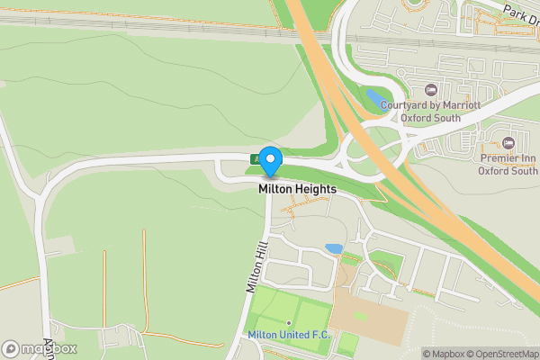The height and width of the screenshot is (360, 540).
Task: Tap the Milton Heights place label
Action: coord(297,190)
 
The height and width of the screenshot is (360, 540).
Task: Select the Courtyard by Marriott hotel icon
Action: coord(430,90)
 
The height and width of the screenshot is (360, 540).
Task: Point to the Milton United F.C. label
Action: coord(290,336)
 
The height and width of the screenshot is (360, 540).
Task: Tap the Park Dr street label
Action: coord(520,13)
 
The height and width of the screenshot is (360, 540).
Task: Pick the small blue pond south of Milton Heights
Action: coord(334,248)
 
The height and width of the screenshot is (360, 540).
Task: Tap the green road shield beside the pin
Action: coord(256,159)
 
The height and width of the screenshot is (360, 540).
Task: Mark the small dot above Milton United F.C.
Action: coord(289,323)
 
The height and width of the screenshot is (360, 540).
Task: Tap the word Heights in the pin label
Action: coord(316,190)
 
